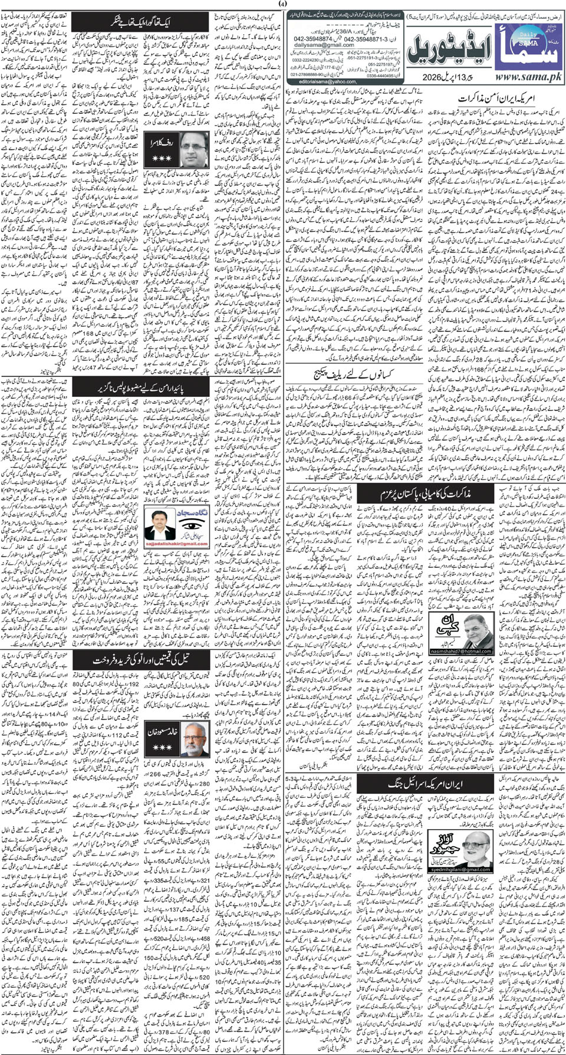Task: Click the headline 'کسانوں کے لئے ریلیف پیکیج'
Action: pyautogui.click(x=348, y=373)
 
